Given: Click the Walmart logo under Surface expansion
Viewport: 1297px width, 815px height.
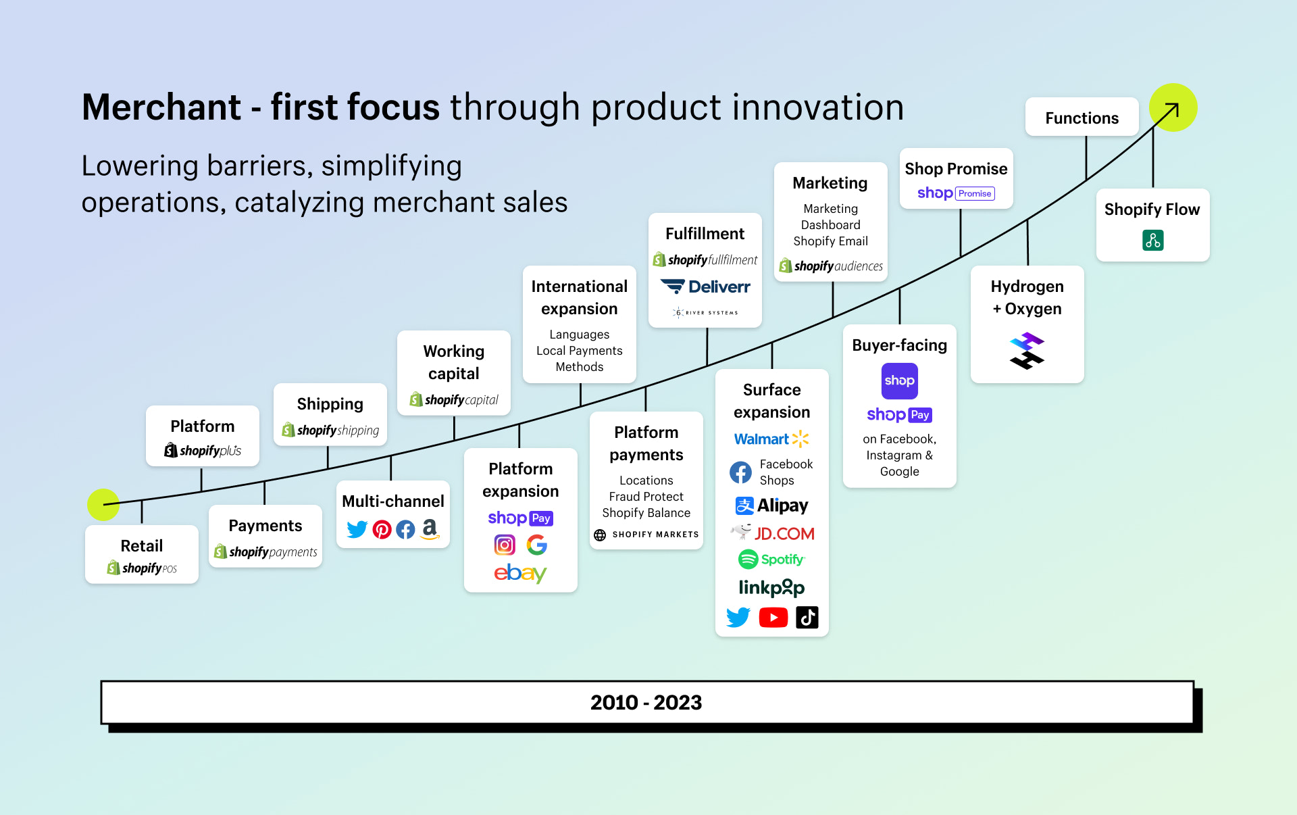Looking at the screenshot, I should (x=771, y=439).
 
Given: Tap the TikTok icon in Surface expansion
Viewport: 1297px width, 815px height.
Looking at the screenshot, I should (x=807, y=617).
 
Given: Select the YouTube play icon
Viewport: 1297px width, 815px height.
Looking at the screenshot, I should (x=773, y=617).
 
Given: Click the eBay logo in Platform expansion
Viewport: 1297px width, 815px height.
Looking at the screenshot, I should (x=519, y=573).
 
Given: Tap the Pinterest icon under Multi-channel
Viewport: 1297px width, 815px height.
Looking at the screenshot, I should (x=382, y=529).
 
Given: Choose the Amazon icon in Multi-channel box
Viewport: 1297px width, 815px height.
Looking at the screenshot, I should (x=430, y=528).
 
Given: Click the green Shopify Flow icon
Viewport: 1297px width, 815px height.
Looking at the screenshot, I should (x=1152, y=240).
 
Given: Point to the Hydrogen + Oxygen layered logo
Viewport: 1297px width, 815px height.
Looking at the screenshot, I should (x=1027, y=351).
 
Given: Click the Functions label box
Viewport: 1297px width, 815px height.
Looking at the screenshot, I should (x=1082, y=118).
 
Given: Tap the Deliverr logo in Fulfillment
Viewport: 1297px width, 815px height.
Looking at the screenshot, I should (x=705, y=287).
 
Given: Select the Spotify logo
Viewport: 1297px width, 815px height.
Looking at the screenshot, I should (x=771, y=559).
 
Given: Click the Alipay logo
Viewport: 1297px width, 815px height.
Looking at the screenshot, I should (x=771, y=505).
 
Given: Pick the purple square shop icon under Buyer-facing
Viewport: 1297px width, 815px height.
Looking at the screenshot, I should (x=899, y=380).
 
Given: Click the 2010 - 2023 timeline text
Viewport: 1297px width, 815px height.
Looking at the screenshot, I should (x=646, y=702).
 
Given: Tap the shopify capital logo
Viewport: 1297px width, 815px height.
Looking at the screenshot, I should (x=454, y=399).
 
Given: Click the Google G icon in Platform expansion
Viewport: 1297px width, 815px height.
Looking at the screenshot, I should (x=536, y=545).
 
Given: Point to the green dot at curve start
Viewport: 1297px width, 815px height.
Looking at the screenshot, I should (x=103, y=504).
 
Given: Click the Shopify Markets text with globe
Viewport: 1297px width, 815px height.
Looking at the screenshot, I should (x=646, y=535).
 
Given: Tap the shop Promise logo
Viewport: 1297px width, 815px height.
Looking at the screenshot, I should (x=955, y=193).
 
